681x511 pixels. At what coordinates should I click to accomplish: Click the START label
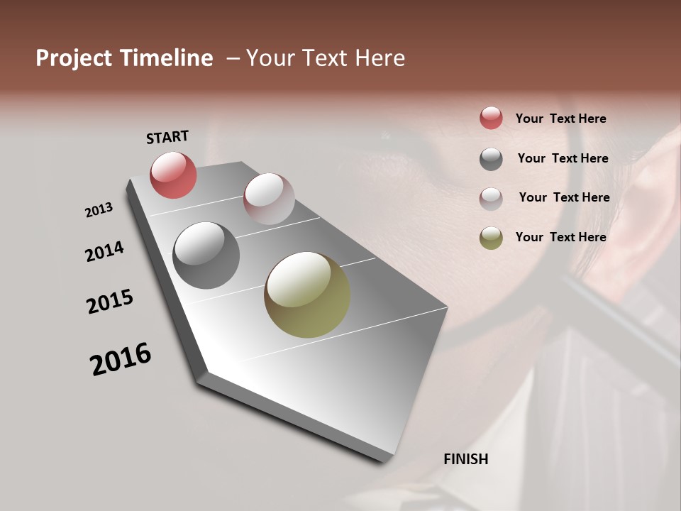tap(167, 137)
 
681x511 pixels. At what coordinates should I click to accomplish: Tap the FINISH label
tap(465, 459)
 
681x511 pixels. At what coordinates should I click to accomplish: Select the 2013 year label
tap(99, 210)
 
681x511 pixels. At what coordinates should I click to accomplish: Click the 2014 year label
tap(104, 251)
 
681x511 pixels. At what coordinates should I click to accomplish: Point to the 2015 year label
tap(110, 302)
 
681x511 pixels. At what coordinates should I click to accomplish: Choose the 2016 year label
tap(121, 358)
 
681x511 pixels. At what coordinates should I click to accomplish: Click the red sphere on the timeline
tap(173, 175)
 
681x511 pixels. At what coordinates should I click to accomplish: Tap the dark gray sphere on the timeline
tap(206, 255)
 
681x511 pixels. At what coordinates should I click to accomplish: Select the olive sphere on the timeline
tap(307, 295)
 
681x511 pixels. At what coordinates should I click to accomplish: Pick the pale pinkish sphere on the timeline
tap(269, 198)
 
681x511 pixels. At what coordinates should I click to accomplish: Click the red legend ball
tap(491, 118)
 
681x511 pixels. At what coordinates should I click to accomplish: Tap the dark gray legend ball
tap(491, 159)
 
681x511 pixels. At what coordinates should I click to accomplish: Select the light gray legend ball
tap(491, 199)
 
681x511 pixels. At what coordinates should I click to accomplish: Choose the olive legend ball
tap(491, 238)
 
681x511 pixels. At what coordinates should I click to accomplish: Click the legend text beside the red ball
tap(560, 119)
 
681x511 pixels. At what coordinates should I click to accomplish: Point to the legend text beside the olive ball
tap(560, 237)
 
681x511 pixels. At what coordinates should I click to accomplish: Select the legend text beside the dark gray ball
tap(563, 158)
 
